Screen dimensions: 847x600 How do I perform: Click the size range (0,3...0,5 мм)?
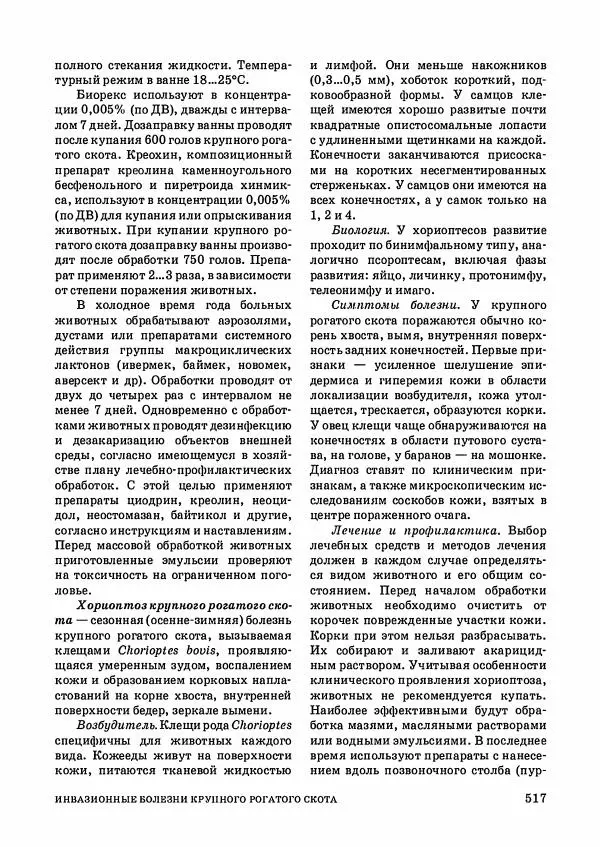pos(362,78)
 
